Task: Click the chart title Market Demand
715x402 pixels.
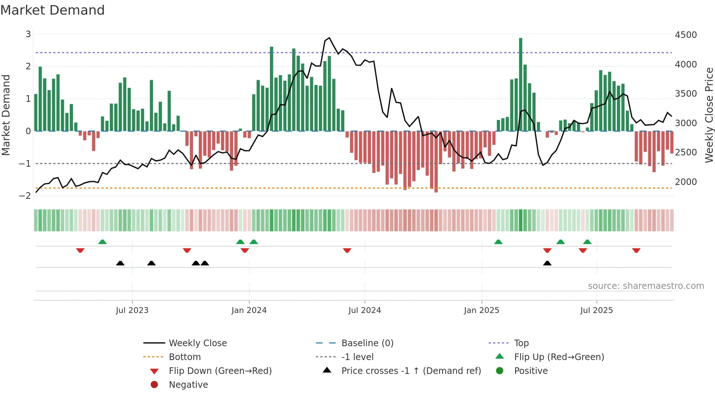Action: coord(53,10)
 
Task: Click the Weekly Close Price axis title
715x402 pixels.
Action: coord(709,115)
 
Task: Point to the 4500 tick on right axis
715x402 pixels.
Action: coord(685,35)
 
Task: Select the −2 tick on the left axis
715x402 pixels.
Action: coord(25,196)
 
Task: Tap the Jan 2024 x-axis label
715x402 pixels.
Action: coord(249,310)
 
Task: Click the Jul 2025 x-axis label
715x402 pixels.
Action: coord(596,310)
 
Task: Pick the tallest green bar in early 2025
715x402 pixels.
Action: coord(521,84)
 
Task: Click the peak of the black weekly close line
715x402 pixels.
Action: coord(329,38)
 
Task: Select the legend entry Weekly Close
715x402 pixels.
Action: coord(197,343)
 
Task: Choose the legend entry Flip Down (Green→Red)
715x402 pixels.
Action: coord(220,371)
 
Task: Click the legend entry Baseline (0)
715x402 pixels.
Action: coord(367,343)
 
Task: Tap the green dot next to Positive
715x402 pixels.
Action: coord(500,371)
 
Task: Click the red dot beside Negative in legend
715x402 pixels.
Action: coord(154,385)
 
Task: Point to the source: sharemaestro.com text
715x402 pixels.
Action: coord(646,286)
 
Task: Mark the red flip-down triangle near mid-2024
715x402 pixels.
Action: coord(347,250)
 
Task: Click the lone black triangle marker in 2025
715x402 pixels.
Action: coord(547,263)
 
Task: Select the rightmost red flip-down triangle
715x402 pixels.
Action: coord(636,250)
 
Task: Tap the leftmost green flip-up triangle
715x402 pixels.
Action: coord(103,242)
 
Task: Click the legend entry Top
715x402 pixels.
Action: coord(521,343)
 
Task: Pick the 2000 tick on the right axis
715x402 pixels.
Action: coord(685,182)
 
